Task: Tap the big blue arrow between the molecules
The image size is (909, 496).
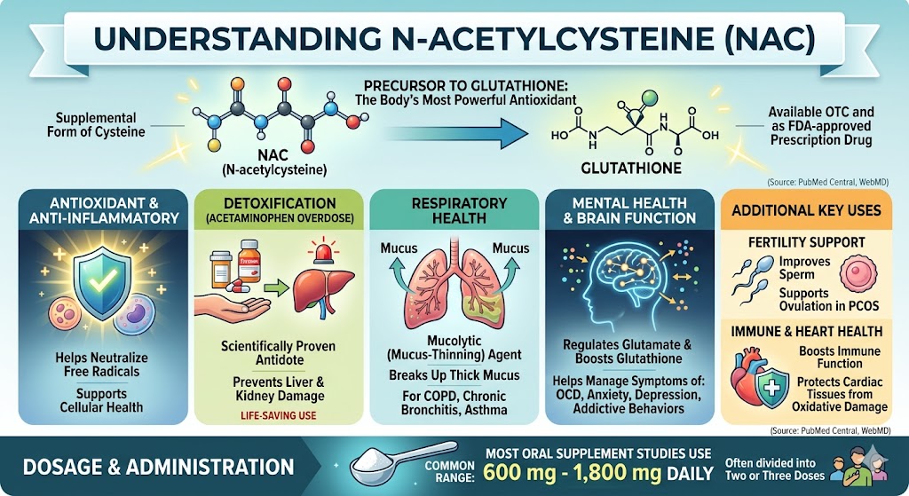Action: [x=456, y=134]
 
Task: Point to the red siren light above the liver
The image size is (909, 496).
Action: [x=323, y=253]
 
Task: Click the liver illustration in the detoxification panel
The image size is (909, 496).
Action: [x=315, y=290]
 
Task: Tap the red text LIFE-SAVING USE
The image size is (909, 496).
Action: [x=278, y=415]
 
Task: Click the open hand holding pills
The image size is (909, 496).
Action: [x=232, y=304]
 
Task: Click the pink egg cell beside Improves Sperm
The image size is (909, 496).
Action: [x=858, y=274]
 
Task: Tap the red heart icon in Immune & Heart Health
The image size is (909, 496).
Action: [x=747, y=376]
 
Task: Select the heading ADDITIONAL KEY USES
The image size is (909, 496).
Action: [x=806, y=209]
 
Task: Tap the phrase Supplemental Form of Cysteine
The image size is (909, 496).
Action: [x=96, y=124]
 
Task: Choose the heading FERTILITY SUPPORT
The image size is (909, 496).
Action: [x=806, y=242]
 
